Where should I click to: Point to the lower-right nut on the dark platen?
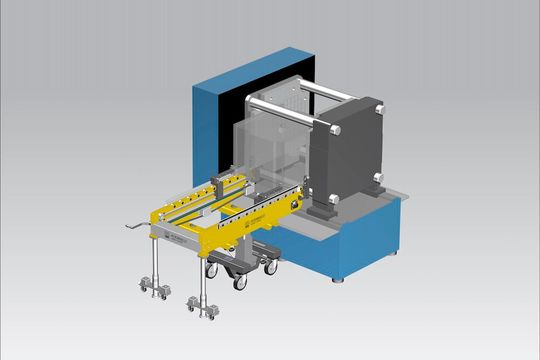click(x=378, y=178)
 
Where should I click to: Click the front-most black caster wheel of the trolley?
click(x=240, y=283)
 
